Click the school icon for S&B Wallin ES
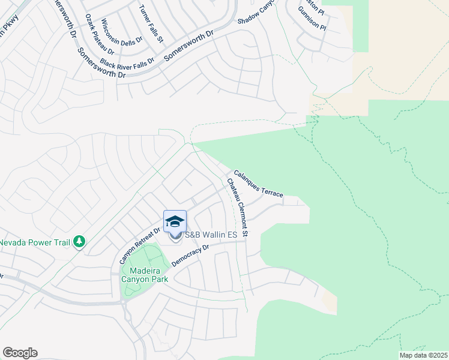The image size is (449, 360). click(175, 222)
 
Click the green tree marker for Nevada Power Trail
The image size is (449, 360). click(79, 242)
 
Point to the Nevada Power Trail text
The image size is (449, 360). click(34, 242)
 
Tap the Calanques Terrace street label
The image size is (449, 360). click(258, 182)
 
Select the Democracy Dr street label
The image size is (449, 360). click(190, 256)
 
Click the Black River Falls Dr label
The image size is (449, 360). click(128, 62)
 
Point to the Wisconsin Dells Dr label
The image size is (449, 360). click(121, 31)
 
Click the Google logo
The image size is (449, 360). click(20, 353)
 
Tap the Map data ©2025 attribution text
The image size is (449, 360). click(423, 355)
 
